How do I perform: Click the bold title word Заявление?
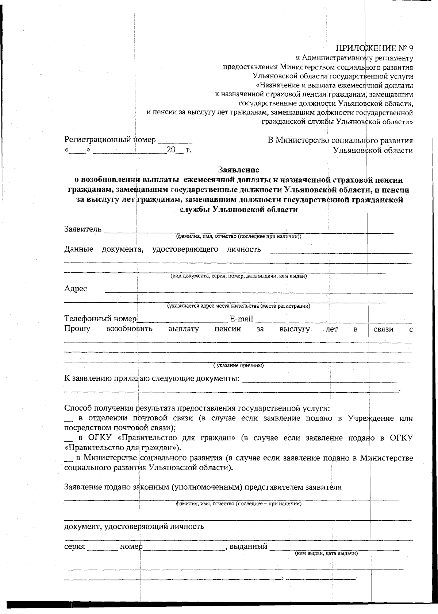coord(239,170)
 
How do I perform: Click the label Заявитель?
coord(82,229)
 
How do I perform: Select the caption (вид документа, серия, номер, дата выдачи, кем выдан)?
coord(239,276)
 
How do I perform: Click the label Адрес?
coord(76,289)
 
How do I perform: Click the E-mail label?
coord(241,319)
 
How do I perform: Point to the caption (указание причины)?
coord(239,365)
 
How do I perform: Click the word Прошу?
coord(77,329)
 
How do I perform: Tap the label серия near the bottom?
coord(74,547)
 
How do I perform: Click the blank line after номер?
coord(182,548)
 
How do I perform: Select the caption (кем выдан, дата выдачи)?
coord(326,553)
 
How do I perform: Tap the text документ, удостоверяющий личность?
coord(134,526)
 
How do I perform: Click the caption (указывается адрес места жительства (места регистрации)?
coord(239,306)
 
